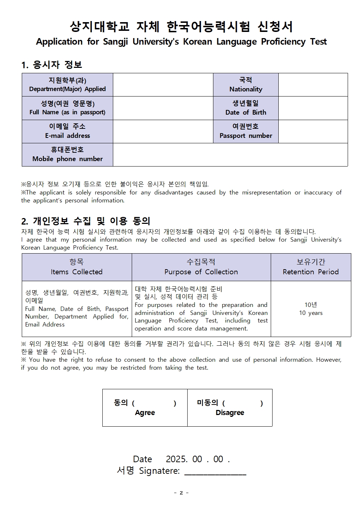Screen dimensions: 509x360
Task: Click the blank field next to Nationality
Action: tap(313, 85)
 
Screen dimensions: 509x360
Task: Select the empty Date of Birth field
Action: tap(313, 108)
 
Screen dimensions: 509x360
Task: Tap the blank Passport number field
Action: tap(313, 131)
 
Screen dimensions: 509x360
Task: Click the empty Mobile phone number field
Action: tap(230, 155)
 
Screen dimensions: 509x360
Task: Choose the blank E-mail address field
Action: tap(163, 131)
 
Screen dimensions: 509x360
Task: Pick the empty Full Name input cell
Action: tap(163, 108)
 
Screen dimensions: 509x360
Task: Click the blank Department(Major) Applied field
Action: tap(163, 85)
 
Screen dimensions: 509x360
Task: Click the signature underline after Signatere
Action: tap(215, 472)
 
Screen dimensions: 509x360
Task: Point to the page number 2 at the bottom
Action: tap(181, 493)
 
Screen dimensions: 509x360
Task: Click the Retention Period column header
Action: tap(311, 267)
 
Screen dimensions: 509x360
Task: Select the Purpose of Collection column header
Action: tap(201, 267)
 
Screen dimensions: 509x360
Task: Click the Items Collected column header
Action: tap(77, 267)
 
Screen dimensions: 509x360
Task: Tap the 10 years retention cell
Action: tap(311, 309)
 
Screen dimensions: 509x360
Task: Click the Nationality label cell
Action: tap(246, 85)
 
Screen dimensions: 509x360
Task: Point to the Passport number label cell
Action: tap(246, 131)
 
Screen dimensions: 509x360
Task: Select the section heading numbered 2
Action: tap(86, 221)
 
